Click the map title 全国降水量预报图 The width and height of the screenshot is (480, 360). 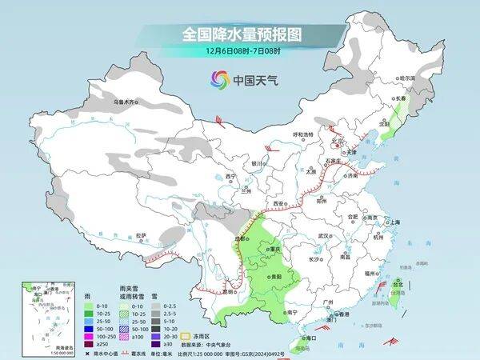click(x=239, y=34)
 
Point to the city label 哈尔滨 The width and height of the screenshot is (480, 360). click(x=408, y=78)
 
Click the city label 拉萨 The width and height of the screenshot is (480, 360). click(x=141, y=235)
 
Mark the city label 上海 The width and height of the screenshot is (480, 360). click(x=392, y=222)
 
